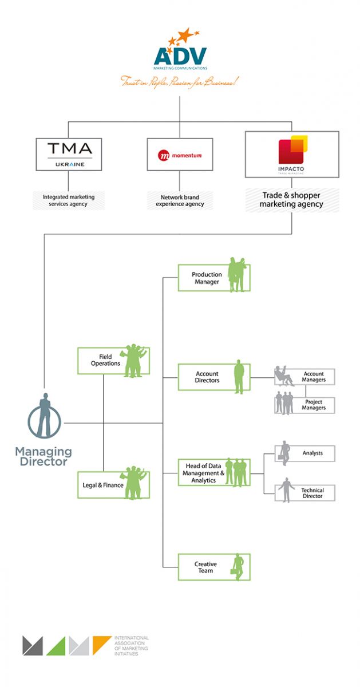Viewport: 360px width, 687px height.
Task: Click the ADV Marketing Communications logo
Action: click(180, 52)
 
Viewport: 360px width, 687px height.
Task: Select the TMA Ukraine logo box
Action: click(69, 153)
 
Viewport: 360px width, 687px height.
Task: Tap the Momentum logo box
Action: click(180, 154)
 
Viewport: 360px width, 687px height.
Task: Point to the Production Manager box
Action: click(213, 278)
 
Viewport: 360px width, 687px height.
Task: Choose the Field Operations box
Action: click(113, 360)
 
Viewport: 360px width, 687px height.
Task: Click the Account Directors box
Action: click(213, 377)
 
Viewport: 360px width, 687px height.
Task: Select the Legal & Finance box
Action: click(113, 485)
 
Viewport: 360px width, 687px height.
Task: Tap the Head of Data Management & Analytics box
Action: click(213, 473)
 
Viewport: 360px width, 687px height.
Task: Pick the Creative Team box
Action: click(213, 567)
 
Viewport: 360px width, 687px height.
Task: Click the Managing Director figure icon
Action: click(44, 416)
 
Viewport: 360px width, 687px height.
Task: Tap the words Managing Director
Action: click(43, 456)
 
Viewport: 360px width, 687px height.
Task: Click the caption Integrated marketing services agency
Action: click(69, 200)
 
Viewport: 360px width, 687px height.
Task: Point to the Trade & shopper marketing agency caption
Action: click(292, 200)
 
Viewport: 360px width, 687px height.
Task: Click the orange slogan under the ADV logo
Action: click(179, 81)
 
